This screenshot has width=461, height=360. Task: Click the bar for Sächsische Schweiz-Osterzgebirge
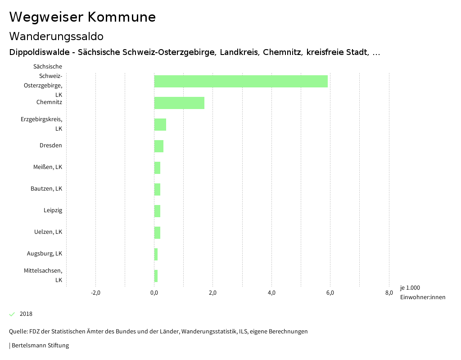241,81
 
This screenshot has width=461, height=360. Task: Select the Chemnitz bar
179,103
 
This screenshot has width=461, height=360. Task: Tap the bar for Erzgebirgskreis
160,124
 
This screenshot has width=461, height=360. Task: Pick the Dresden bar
159,146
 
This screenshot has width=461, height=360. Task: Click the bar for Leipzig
157,211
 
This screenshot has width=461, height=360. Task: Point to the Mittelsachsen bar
156,276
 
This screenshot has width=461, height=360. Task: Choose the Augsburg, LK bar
156,254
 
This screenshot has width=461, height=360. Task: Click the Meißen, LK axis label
48,167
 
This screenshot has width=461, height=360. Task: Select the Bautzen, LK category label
46,189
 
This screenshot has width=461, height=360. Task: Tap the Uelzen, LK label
48,232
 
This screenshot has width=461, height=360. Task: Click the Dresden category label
51,146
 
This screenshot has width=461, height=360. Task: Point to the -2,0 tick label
95,293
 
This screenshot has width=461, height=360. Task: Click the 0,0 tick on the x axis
154,293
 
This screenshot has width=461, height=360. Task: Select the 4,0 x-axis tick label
271,293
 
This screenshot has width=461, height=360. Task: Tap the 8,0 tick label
389,293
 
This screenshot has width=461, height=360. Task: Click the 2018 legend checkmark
12,314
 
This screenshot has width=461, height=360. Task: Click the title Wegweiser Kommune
82,17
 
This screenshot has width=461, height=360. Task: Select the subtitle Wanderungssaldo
56,36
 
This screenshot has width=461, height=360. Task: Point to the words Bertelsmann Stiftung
40,346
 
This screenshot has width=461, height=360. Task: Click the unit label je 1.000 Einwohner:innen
422,292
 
